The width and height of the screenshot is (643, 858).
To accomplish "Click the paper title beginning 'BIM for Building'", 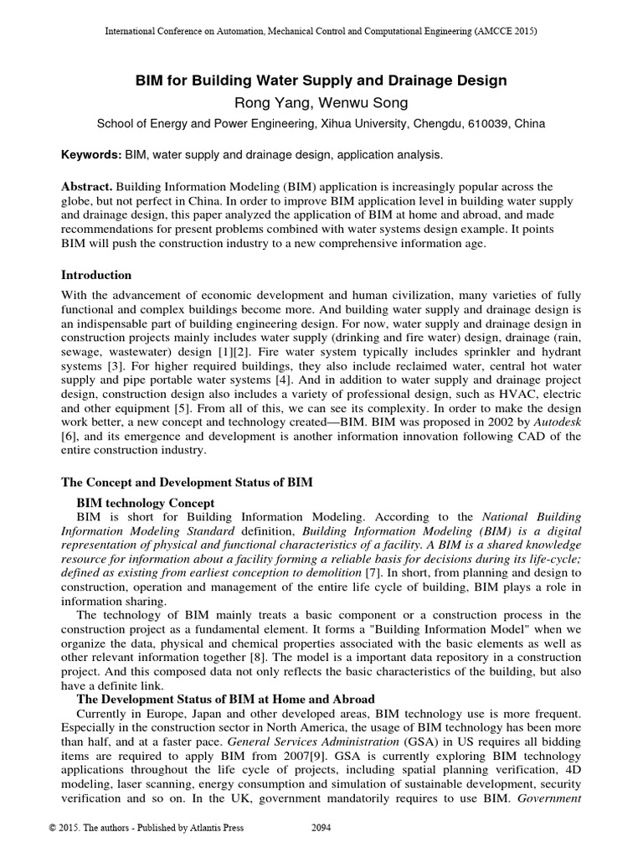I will [x=321, y=81].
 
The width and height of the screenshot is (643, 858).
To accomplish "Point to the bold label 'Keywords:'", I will [x=92, y=155].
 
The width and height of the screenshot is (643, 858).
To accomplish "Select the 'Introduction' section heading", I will [x=97, y=275].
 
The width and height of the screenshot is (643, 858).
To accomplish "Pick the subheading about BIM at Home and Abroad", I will [x=225, y=698].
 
